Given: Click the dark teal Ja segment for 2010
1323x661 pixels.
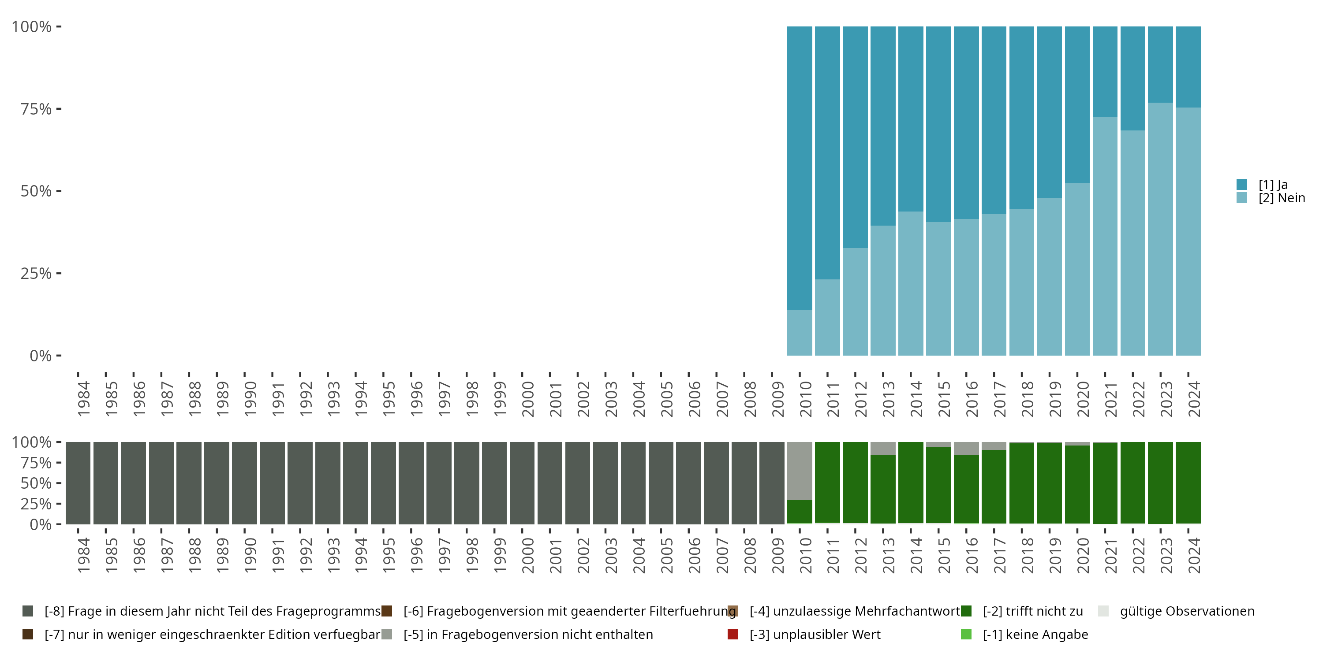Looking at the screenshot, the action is pyautogui.click(x=800, y=168).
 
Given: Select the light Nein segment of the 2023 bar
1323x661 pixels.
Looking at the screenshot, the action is pyautogui.click(x=1161, y=229).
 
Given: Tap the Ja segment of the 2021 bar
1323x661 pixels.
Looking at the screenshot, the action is pyautogui.click(x=1105, y=72).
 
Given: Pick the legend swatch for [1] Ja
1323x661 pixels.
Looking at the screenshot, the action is pyautogui.click(x=1242, y=184).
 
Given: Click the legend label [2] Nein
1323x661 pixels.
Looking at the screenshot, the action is pyautogui.click(x=1282, y=198).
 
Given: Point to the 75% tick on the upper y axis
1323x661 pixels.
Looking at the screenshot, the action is pyautogui.click(x=59, y=109).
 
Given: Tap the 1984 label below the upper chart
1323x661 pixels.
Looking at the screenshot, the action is pyautogui.click(x=84, y=399).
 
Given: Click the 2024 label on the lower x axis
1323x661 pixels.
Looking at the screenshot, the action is pyautogui.click(x=1194, y=555).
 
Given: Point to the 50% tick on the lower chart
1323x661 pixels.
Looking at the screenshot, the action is pyautogui.click(x=59, y=483).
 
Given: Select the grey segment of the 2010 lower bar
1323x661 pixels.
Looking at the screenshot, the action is pyautogui.click(x=800, y=471).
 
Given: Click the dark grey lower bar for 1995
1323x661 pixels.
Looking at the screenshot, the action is pyautogui.click(x=383, y=483).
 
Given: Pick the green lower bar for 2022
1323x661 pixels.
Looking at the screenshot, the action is pyautogui.click(x=1133, y=483).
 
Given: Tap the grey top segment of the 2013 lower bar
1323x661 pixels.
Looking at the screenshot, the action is pyautogui.click(x=883, y=449).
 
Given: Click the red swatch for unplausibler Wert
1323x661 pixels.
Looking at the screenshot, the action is pyautogui.click(x=733, y=634).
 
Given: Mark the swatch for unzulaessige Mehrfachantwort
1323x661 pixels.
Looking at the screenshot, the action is pyautogui.click(x=733, y=611).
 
